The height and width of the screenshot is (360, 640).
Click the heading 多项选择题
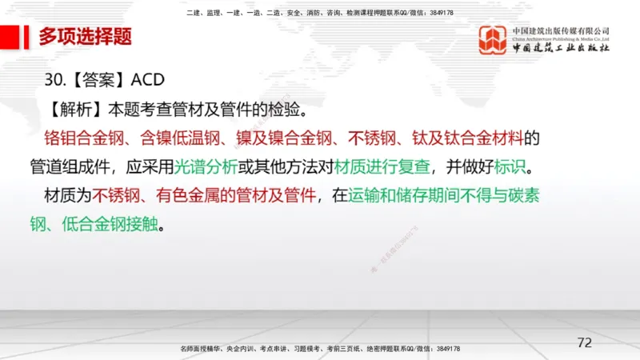coord(86,36)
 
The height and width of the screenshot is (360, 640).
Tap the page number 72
coord(585,342)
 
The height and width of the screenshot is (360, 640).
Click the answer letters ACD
coord(147,81)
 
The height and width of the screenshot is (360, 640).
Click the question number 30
coord(54,81)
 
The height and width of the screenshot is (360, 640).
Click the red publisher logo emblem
coord(492,40)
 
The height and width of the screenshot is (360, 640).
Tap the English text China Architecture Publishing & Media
coord(560,38)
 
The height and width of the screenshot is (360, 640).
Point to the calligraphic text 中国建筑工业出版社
coord(560,48)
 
